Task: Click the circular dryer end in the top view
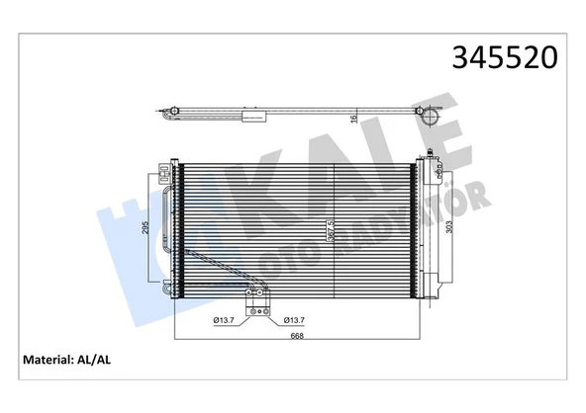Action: point(434,114)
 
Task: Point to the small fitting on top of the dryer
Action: point(428,152)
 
